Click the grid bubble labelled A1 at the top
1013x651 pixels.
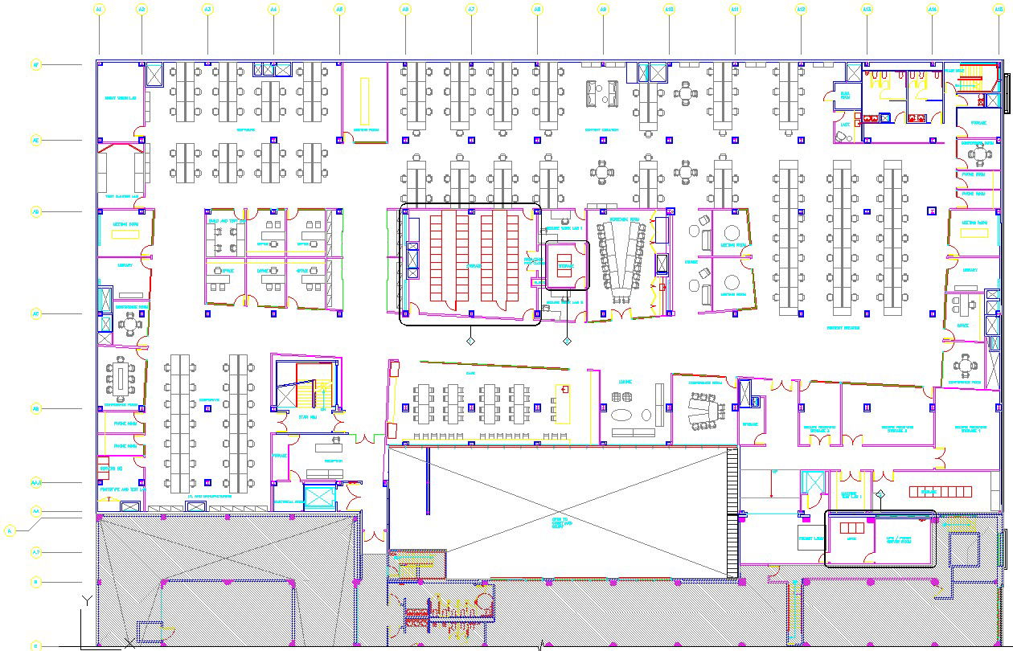click(x=99, y=9)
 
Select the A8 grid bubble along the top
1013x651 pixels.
click(x=537, y=9)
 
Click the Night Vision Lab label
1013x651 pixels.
click(x=121, y=98)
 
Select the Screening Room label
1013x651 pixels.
click(x=624, y=219)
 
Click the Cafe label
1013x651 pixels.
click(x=470, y=373)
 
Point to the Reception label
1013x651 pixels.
click(x=334, y=461)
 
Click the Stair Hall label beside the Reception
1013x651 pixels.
click(x=307, y=417)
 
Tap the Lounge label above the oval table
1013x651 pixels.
click(x=625, y=382)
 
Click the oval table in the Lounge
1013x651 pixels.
click(x=623, y=416)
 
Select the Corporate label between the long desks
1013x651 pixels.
click(x=210, y=399)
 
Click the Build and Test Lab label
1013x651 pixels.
click(x=226, y=220)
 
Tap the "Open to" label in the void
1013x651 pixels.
click(x=562, y=519)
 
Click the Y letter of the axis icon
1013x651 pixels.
click(x=88, y=600)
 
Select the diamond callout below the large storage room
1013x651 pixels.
click(x=471, y=342)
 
